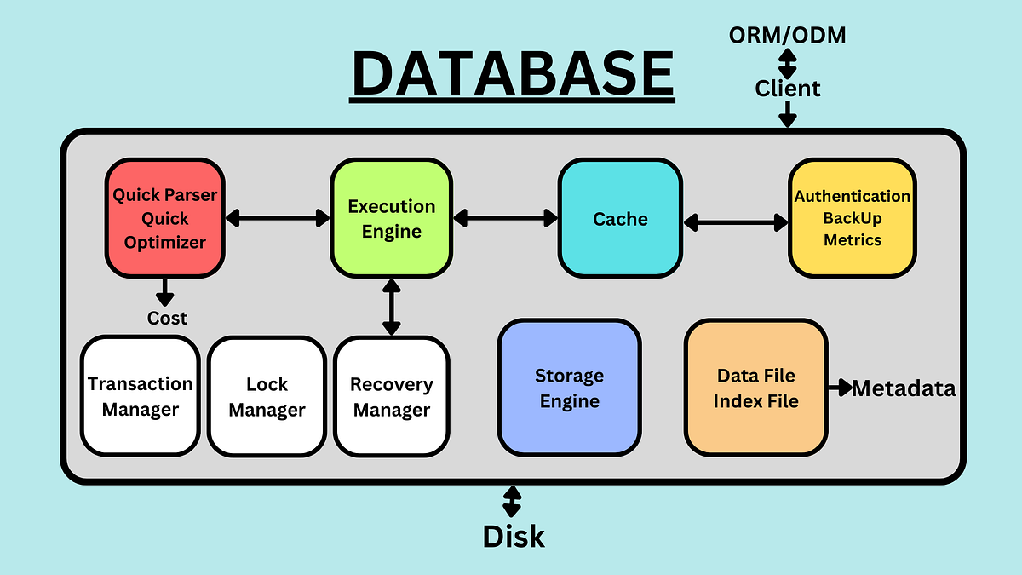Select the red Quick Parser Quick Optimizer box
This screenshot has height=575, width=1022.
point(165,218)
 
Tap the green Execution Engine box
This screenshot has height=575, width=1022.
point(391,218)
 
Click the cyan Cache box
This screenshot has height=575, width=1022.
point(620,218)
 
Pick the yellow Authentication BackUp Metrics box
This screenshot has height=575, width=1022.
point(852,218)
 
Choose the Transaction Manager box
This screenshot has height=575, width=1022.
point(141,396)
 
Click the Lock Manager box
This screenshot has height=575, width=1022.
point(267,396)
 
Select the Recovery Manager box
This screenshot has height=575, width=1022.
point(392,396)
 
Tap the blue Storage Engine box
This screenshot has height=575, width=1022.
point(569,388)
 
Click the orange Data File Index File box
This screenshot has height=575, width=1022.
point(755,388)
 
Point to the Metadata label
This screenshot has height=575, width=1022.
point(904,388)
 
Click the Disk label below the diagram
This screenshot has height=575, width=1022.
point(513,537)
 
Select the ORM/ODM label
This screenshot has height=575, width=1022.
point(787,35)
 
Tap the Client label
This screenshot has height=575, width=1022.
point(788,89)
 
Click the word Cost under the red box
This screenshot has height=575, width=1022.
point(167,318)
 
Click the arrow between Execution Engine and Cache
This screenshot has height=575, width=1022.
point(505,218)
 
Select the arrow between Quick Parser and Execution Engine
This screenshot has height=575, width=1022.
point(278,218)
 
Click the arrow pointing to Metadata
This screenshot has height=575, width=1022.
point(839,388)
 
